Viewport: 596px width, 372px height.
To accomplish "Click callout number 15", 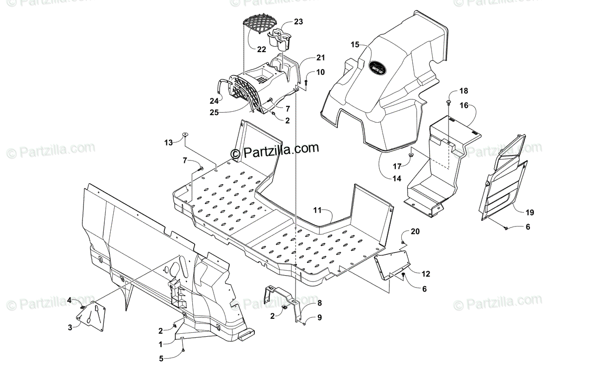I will pos(355,45).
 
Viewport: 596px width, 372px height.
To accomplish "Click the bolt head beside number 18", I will pos(449,102).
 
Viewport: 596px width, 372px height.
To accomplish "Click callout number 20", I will pos(415,231).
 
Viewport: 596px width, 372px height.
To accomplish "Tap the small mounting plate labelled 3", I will pos(92,316).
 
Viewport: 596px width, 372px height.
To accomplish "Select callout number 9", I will pos(319,317).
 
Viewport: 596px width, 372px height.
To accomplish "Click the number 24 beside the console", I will pos(214,100).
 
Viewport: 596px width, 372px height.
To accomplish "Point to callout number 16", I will pos(464,105).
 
